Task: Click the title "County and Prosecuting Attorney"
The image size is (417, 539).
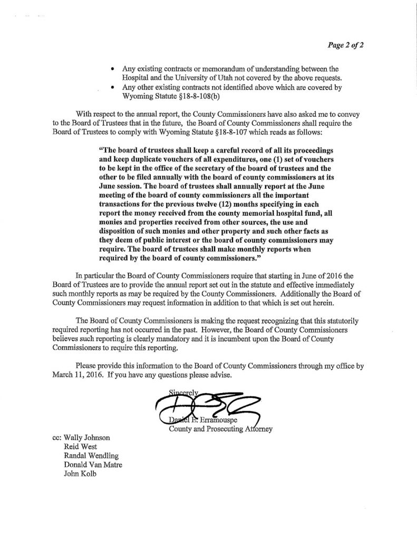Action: coord(219,428)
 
